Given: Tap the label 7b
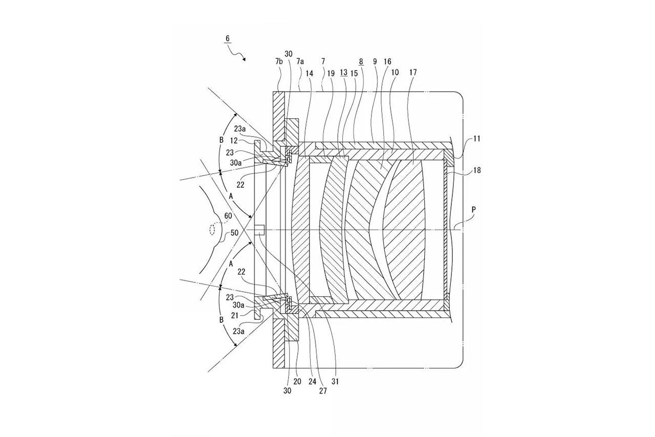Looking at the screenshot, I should click(279, 61).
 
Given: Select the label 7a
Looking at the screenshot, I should click(300, 61).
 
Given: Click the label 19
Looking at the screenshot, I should click(331, 73).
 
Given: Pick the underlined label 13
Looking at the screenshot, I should click(343, 73).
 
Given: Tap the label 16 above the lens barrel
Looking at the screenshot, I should click(387, 61).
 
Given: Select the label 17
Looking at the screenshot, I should click(412, 73).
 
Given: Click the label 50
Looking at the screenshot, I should click(234, 233).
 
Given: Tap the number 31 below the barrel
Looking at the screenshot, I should click(335, 381).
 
